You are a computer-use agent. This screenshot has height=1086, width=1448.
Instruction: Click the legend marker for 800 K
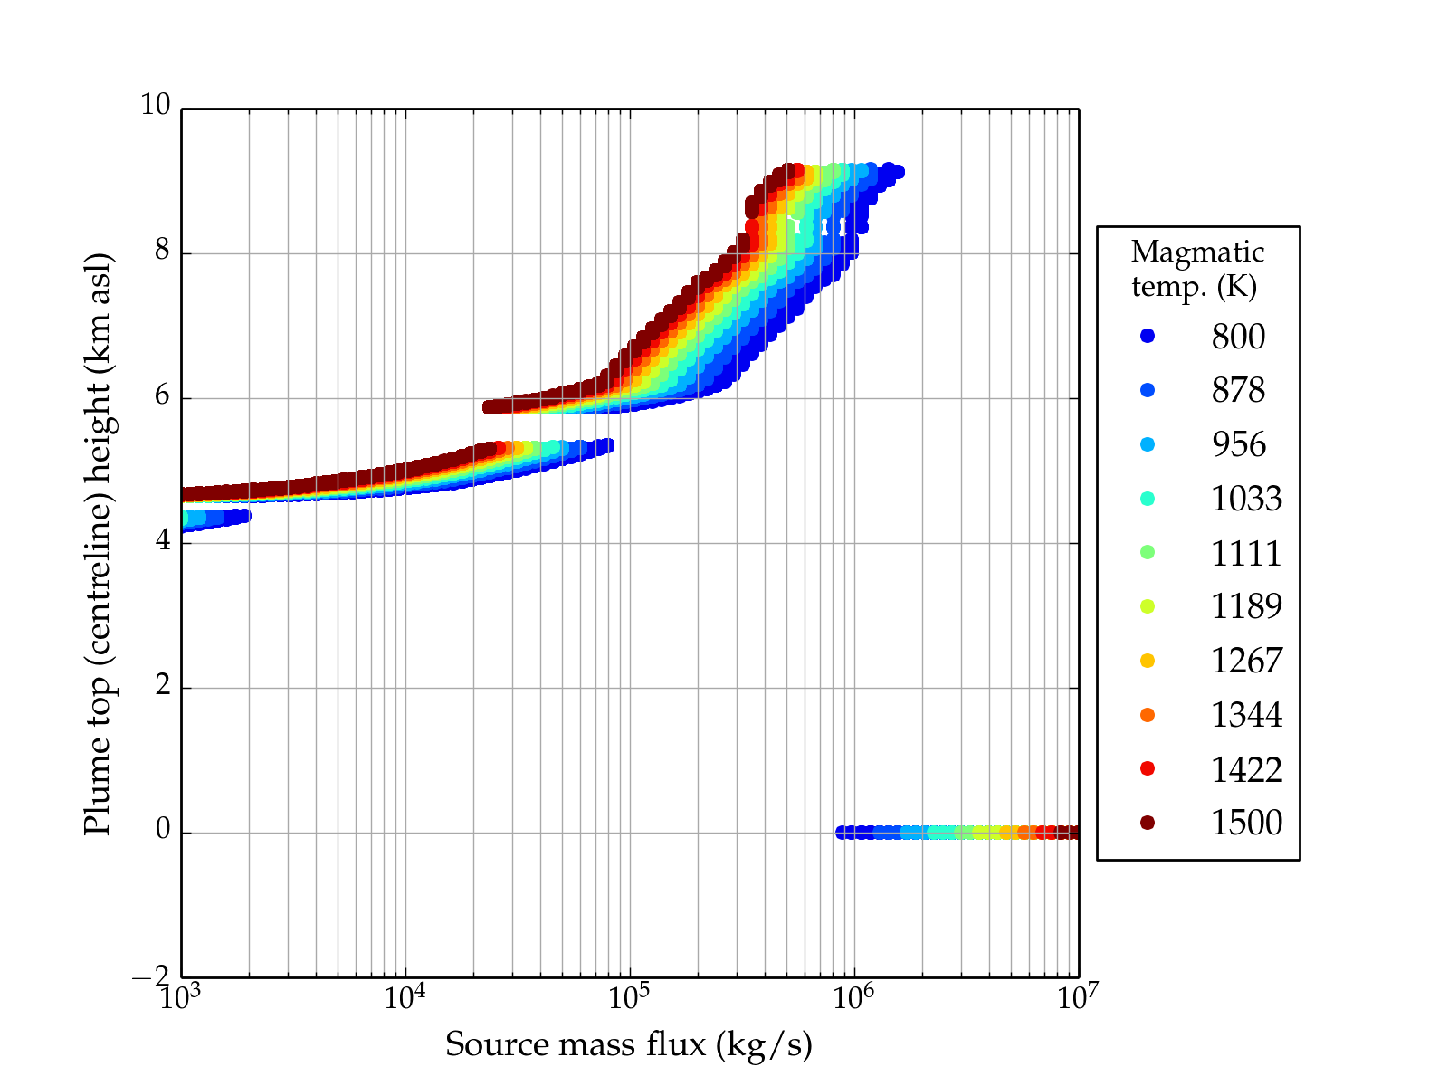coord(1148,336)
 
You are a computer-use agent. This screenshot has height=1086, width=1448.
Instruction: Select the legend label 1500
coord(1246,823)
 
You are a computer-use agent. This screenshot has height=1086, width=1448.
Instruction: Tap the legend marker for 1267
coord(1148,661)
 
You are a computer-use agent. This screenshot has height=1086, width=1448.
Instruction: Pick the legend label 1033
coord(1246,499)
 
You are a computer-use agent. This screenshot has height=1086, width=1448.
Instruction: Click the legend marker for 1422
coord(1148,768)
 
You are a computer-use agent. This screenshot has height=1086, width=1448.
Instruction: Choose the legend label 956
coord(1238,444)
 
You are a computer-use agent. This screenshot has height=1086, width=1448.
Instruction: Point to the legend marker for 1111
coord(1148,552)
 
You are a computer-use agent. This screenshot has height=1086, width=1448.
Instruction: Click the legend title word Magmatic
coord(1197,252)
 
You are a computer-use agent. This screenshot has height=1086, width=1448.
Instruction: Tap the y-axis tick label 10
coord(155,105)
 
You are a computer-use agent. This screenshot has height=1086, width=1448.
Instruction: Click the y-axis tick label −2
coord(151,976)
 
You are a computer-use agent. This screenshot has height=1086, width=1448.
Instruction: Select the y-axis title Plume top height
coord(98,543)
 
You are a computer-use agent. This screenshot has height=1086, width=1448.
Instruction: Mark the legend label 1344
coord(1246,715)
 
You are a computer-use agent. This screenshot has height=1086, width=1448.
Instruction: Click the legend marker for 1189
coord(1148,606)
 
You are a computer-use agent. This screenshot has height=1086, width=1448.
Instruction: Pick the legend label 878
coord(1238,390)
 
